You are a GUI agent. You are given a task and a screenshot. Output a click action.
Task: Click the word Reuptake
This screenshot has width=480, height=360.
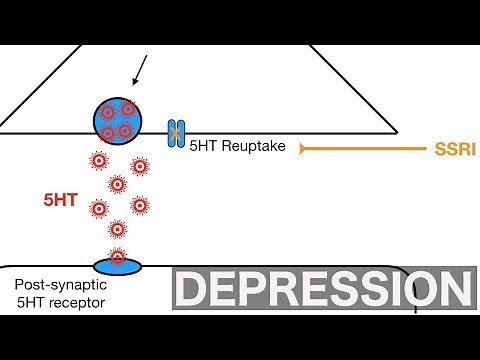(252, 146)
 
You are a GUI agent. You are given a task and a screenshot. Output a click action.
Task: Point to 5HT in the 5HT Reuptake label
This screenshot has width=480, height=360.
(203, 146)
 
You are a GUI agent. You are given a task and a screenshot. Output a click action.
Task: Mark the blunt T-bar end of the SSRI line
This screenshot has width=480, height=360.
(301, 148)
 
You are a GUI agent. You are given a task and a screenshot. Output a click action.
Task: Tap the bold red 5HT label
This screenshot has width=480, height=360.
(59, 200)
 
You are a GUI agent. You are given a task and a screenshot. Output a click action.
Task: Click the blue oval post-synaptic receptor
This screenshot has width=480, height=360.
(119, 264)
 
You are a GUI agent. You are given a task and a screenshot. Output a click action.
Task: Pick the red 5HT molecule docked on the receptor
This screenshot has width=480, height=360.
(119, 259)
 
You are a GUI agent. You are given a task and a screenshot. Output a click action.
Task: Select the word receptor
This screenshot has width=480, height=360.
(78, 302)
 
